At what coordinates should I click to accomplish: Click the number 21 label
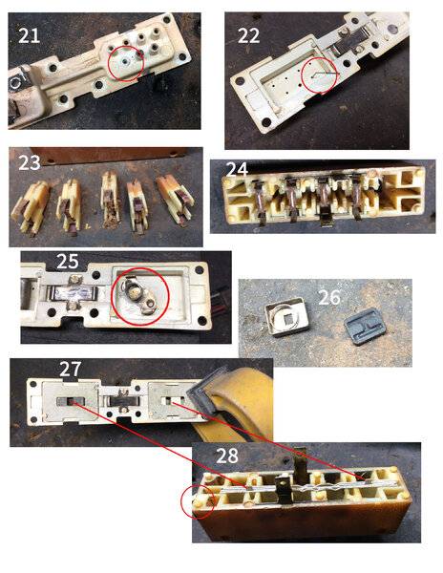pos(29,35)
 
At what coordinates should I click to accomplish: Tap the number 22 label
pos(248,35)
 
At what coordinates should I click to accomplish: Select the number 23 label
pos(30,162)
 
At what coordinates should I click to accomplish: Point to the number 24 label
pos(237,169)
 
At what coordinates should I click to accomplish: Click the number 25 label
pos(68,262)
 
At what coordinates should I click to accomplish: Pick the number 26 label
pos(329,297)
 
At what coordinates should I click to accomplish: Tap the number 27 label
pos(70,369)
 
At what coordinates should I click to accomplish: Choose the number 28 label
pos(227,456)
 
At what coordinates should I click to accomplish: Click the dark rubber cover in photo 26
pos(365,327)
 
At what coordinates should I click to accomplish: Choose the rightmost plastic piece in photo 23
pos(176,200)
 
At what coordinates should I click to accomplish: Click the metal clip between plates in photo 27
pos(123,400)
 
